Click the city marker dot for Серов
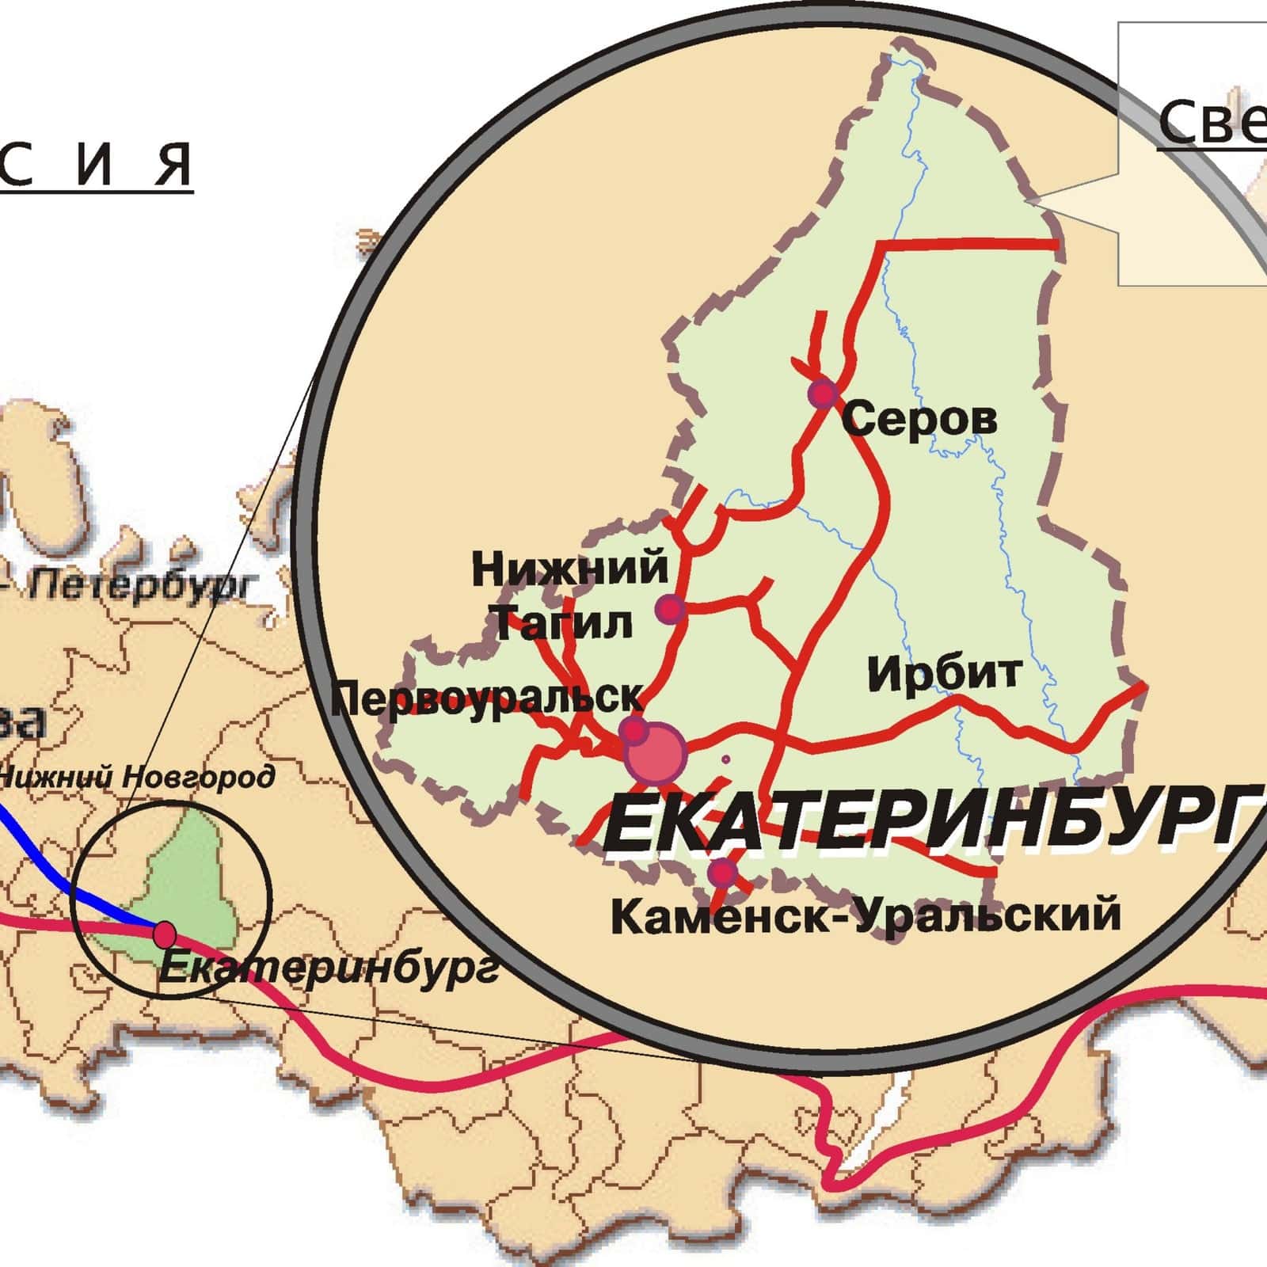coord(824,393)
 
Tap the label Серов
coord(919,418)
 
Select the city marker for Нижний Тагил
coord(670,609)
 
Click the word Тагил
coord(563,623)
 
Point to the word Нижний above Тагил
coord(569,569)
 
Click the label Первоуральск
coord(487,699)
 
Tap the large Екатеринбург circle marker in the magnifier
coord(656,752)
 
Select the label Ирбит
coord(944,674)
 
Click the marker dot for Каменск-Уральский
coord(721,873)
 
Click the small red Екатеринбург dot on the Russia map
coord(164,934)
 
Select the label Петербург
coord(143,587)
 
